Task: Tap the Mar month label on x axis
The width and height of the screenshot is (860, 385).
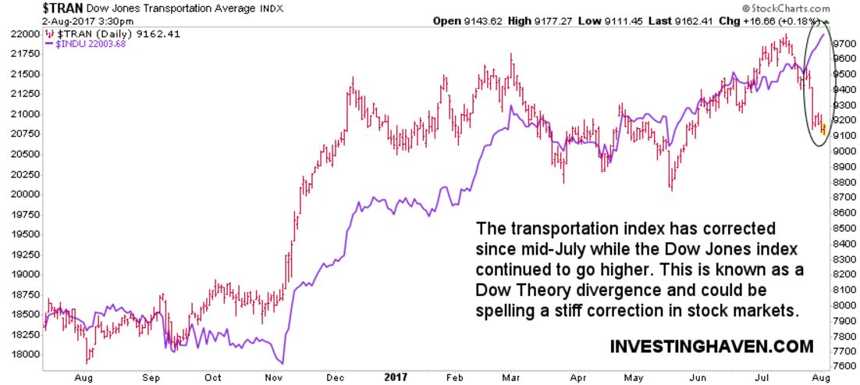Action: (x=512, y=376)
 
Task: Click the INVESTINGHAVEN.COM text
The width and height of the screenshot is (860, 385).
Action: (x=711, y=344)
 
